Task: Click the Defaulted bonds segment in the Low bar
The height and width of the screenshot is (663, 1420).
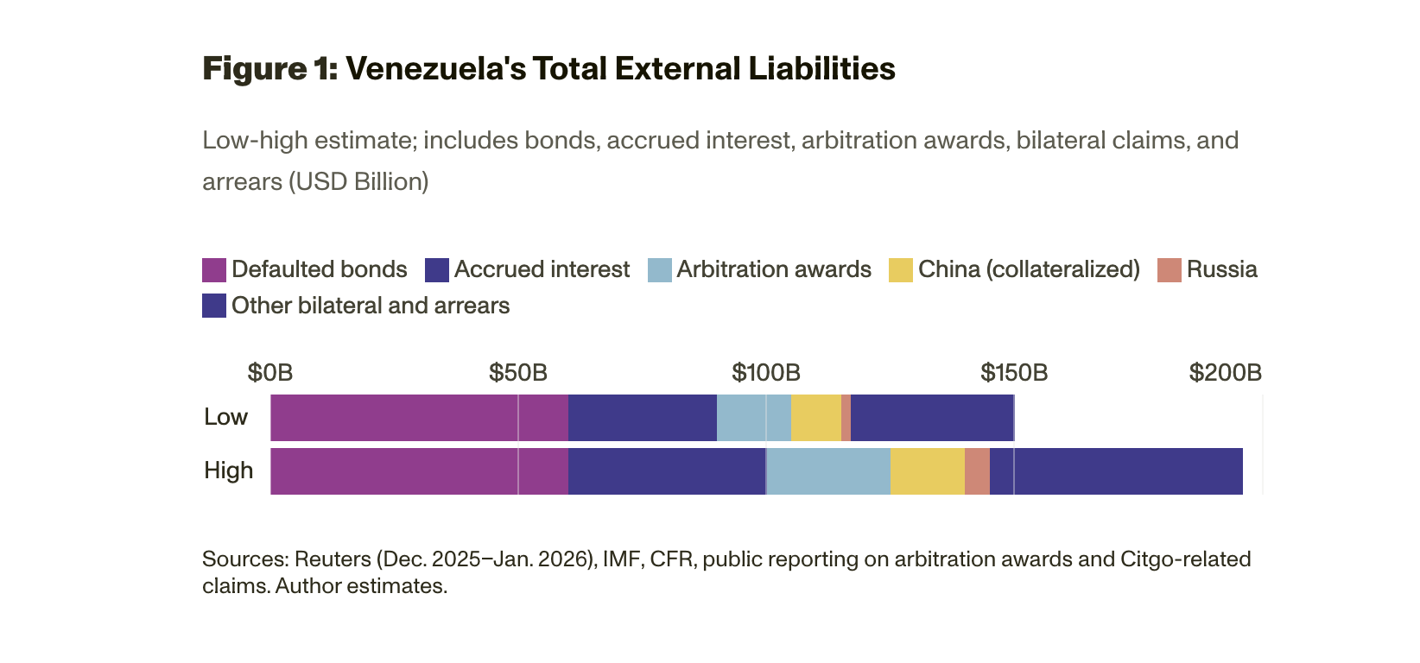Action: point(419,418)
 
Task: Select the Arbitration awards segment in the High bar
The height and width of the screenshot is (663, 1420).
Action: point(828,471)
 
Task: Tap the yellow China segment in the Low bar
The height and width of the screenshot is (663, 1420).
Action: point(815,418)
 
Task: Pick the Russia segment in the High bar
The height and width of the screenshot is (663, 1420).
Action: point(977,471)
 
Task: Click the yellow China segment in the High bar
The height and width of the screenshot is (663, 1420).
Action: point(927,471)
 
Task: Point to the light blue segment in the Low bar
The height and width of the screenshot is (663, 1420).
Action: point(753,418)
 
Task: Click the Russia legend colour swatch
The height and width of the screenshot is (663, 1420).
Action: point(1169,270)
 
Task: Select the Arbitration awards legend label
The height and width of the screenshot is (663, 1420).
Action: point(774,269)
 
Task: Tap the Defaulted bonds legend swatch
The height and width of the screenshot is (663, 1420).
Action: point(214,270)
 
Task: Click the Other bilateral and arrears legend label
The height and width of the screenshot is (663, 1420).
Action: point(371,306)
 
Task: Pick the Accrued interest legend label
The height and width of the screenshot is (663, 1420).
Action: point(542,269)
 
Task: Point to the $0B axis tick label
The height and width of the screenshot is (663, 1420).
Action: point(270,372)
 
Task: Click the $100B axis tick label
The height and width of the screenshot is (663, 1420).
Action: point(766,372)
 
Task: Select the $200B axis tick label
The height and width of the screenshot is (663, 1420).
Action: point(1225,372)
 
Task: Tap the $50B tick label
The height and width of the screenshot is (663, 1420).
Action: point(518,372)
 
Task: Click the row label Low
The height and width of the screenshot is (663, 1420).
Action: point(225,417)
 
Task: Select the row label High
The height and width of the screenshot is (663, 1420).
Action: point(228,470)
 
